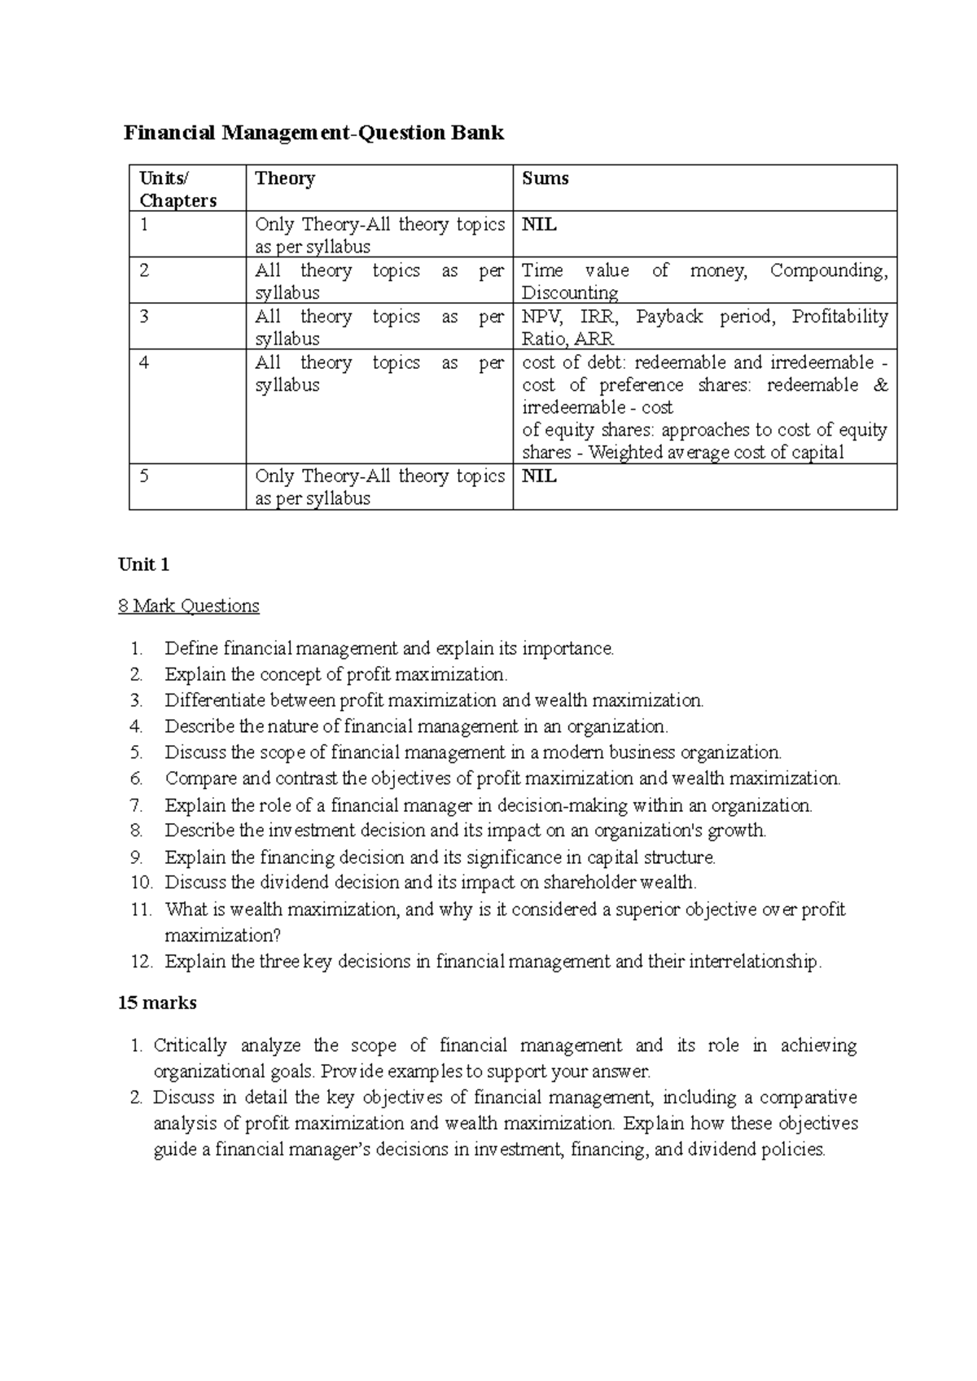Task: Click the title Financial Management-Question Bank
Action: coord(313,133)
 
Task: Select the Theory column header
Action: coord(284,179)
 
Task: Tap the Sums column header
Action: coord(545,179)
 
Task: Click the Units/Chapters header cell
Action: coord(177,189)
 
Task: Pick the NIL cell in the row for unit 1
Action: coord(539,225)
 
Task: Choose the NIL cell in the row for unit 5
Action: coord(539,476)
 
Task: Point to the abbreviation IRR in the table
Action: coord(598,317)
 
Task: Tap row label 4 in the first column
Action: coord(144,362)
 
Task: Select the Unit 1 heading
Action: coord(143,564)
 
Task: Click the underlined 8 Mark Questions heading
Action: coord(188,606)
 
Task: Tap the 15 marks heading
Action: coord(157,1003)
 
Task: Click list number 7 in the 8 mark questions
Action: coord(136,805)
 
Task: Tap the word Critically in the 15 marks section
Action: coord(190,1046)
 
